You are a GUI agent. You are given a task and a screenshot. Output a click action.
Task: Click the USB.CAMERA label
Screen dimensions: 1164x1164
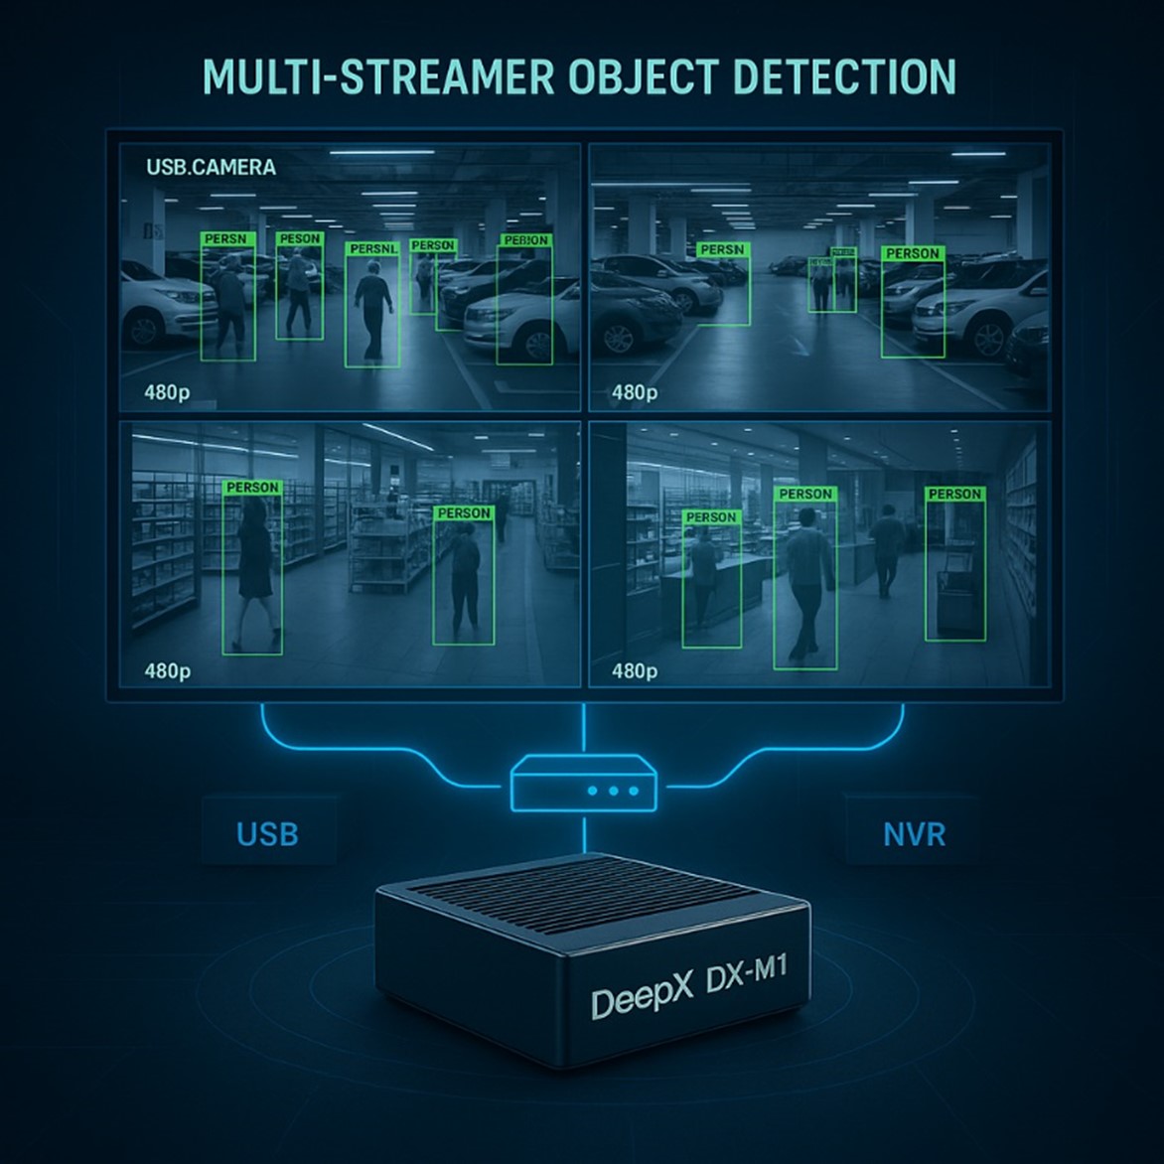click(x=211, y=167)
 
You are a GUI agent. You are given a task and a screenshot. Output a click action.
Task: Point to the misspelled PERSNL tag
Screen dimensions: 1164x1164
click(x=372, y=248)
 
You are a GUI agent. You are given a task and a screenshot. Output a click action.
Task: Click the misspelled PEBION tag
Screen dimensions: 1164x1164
click(x=525, y=240)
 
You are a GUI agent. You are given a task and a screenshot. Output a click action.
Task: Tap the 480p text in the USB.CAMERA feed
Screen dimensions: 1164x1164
click(x=167, y=392)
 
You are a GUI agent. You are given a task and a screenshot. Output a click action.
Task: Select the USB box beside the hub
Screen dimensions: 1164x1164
click(x=268, y=832)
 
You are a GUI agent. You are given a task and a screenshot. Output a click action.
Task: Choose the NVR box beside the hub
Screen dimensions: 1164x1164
click(x=914, y=832)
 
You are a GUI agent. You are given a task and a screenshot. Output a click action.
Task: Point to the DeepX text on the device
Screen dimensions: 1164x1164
click(x=642, y=1001)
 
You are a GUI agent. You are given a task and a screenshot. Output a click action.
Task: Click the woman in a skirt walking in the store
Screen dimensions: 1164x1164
click(x=253, y=571)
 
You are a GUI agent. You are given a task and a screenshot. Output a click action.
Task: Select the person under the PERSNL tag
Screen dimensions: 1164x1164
click(x=372, y=308)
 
